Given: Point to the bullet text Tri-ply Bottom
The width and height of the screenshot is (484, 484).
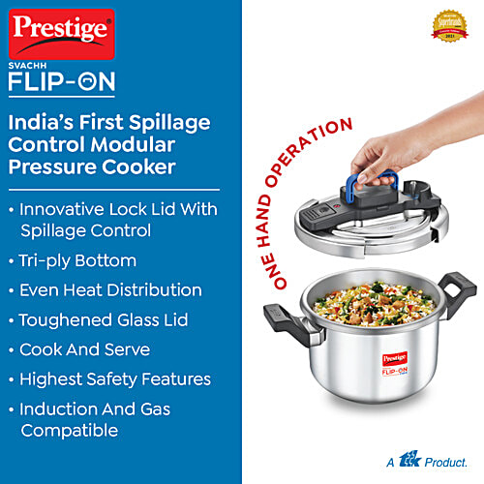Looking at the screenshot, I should [x=77, y=260].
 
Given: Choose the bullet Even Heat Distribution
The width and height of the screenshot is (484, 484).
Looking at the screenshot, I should [x=110, y=289].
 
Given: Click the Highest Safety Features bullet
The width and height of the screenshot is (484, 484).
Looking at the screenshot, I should [x=115, y=379].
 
